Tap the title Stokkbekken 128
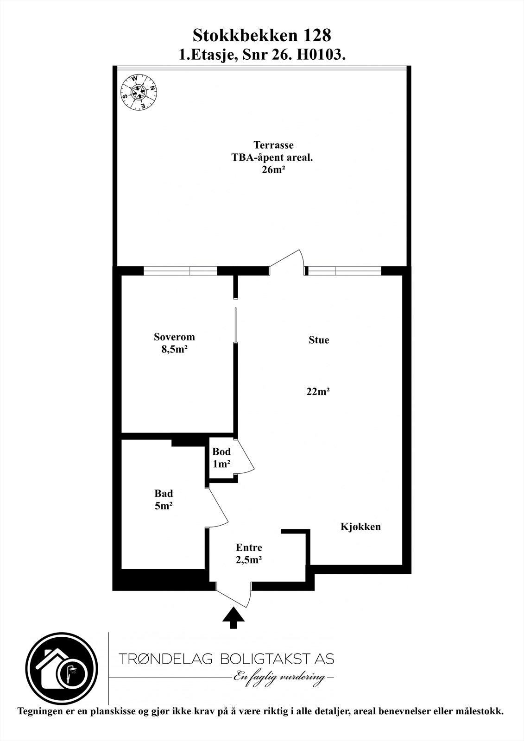(x=262, y=35)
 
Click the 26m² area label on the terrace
(x=273, y=170)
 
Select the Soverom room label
(x=174, y=337)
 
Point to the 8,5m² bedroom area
(x=174, y=350)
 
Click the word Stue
(x=319, y=340)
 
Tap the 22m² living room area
(x=318, y=392)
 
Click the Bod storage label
(x=221, y=452)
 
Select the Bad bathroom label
(x=164, y=494)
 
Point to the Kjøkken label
(x=360, y=527)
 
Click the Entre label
(x=249, y=547)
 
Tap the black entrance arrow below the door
(x=234, y=618)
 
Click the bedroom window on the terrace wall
(x=180, y=271)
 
